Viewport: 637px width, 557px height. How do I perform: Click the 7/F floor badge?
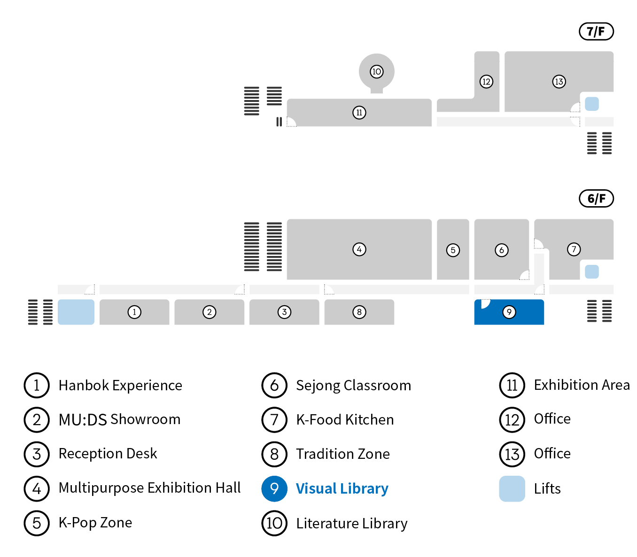click(596, 31)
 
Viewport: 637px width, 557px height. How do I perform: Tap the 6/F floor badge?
click(596, 199)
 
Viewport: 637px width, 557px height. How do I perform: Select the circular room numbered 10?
click(376, 72)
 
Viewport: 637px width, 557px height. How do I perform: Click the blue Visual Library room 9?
click(509, 312)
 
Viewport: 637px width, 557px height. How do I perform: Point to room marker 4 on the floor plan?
click(359, 249)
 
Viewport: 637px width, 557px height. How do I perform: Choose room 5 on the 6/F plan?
click(453, 250)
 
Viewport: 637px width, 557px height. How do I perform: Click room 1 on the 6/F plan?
click(134, 312)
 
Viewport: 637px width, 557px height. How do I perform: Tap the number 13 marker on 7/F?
click(559, 82)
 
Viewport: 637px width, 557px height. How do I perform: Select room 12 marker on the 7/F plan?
click(486, 82)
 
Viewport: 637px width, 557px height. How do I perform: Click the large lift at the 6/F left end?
click(76, 312)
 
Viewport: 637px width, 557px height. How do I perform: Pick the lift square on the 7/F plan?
click(591, 104)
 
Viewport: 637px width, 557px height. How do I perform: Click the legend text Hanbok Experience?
click(120, 386)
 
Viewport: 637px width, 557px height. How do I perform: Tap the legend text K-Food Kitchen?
click(345, 420)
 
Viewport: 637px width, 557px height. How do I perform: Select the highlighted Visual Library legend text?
click(342, 489)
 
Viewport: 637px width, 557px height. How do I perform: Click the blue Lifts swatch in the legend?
click(512, 489)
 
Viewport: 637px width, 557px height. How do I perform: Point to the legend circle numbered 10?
click(274, 523)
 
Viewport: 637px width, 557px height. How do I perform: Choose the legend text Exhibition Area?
click(582, 385)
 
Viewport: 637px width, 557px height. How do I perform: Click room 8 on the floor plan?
click(359, 312)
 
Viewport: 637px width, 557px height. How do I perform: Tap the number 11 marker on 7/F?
click(359, 113)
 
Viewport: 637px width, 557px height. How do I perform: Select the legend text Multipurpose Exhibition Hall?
click(149, 488)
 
